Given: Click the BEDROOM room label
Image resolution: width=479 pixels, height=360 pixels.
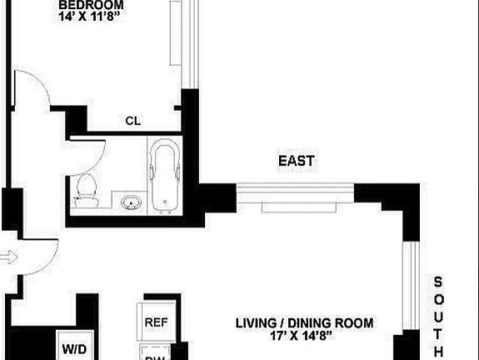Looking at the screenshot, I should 92,3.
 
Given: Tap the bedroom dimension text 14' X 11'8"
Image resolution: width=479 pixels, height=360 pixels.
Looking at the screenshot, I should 92,16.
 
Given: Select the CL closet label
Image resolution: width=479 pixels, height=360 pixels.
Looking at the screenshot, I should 132,121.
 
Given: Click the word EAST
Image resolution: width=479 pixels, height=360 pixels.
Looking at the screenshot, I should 297,161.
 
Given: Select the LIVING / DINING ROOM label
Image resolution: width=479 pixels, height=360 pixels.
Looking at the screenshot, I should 303,322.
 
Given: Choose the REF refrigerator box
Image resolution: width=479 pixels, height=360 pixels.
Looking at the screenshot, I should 155,322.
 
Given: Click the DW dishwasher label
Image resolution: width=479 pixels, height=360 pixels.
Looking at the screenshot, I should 155,356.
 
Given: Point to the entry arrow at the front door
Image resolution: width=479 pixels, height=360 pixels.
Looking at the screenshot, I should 7,258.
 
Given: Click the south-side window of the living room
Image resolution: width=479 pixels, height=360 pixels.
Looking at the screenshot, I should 409,283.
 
